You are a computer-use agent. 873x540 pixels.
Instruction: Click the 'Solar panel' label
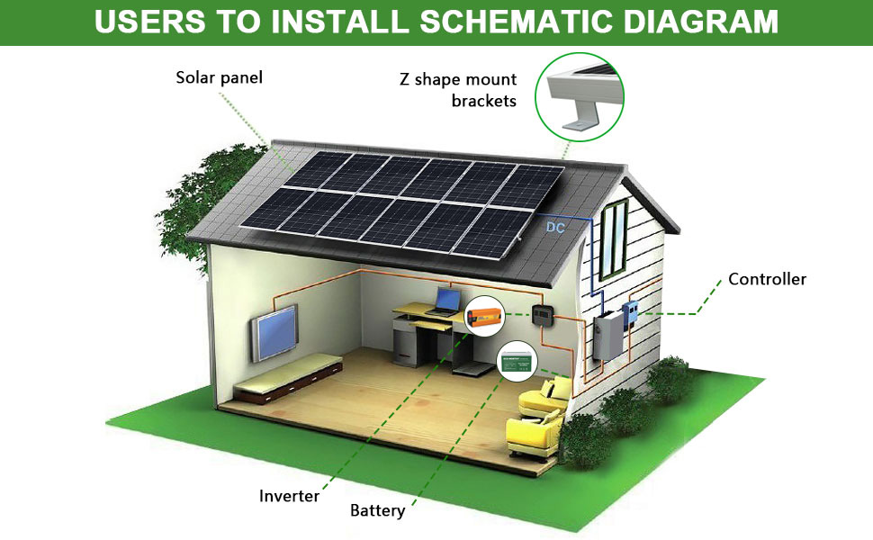click(219, 77)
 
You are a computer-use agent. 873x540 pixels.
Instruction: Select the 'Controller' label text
click(767, 279)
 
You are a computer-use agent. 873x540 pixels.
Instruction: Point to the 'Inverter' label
click(289, 496)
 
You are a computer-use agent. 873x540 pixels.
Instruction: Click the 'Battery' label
click(377, 511)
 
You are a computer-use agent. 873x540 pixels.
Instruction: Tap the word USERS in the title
click(145, 22)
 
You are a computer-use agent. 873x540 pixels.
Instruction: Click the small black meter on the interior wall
click(543, 315)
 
